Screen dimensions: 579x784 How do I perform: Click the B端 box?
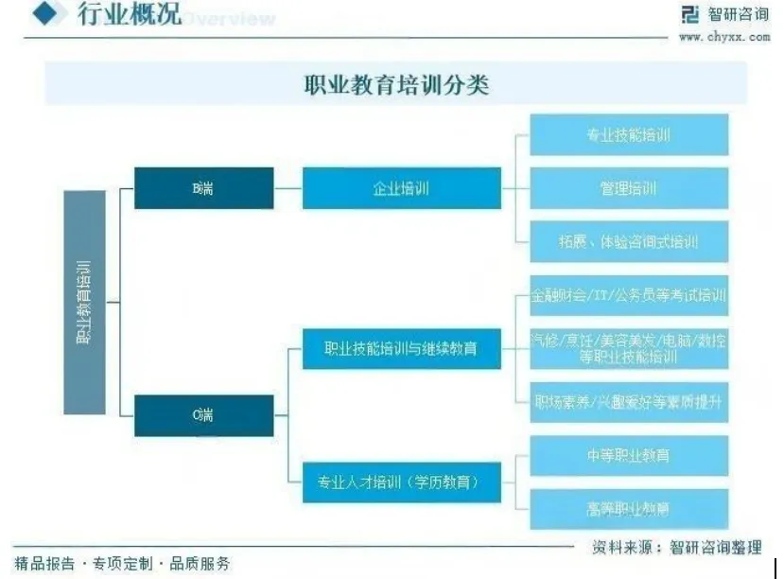(203, 188)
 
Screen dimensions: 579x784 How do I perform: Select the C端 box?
(203, 415)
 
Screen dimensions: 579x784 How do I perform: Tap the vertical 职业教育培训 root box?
(84, 302)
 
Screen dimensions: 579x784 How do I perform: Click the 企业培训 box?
(401, 188)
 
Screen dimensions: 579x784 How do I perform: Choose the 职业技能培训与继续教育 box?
(401, 349)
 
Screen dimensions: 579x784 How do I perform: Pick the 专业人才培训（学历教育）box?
(401, 482)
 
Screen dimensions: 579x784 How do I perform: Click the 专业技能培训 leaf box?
(628, 134)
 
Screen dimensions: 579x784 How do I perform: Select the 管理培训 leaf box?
(628, 188)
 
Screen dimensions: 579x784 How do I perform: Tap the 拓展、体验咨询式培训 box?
(628, 241)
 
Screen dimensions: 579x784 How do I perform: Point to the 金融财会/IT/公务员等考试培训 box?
(628, 295)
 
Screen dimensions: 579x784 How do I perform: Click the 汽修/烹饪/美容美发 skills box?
(628, 349)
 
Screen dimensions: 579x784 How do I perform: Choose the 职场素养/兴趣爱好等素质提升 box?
(628, 402)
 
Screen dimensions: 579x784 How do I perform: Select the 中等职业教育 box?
(628, 455)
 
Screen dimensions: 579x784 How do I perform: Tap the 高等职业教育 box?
(628, 509)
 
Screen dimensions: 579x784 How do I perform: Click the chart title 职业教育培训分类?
(395, 85)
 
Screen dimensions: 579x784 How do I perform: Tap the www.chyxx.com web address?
(723, 37)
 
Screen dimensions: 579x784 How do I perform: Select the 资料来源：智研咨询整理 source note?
(676, 547)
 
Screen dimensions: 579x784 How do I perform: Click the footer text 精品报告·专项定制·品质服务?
(123, 564)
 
